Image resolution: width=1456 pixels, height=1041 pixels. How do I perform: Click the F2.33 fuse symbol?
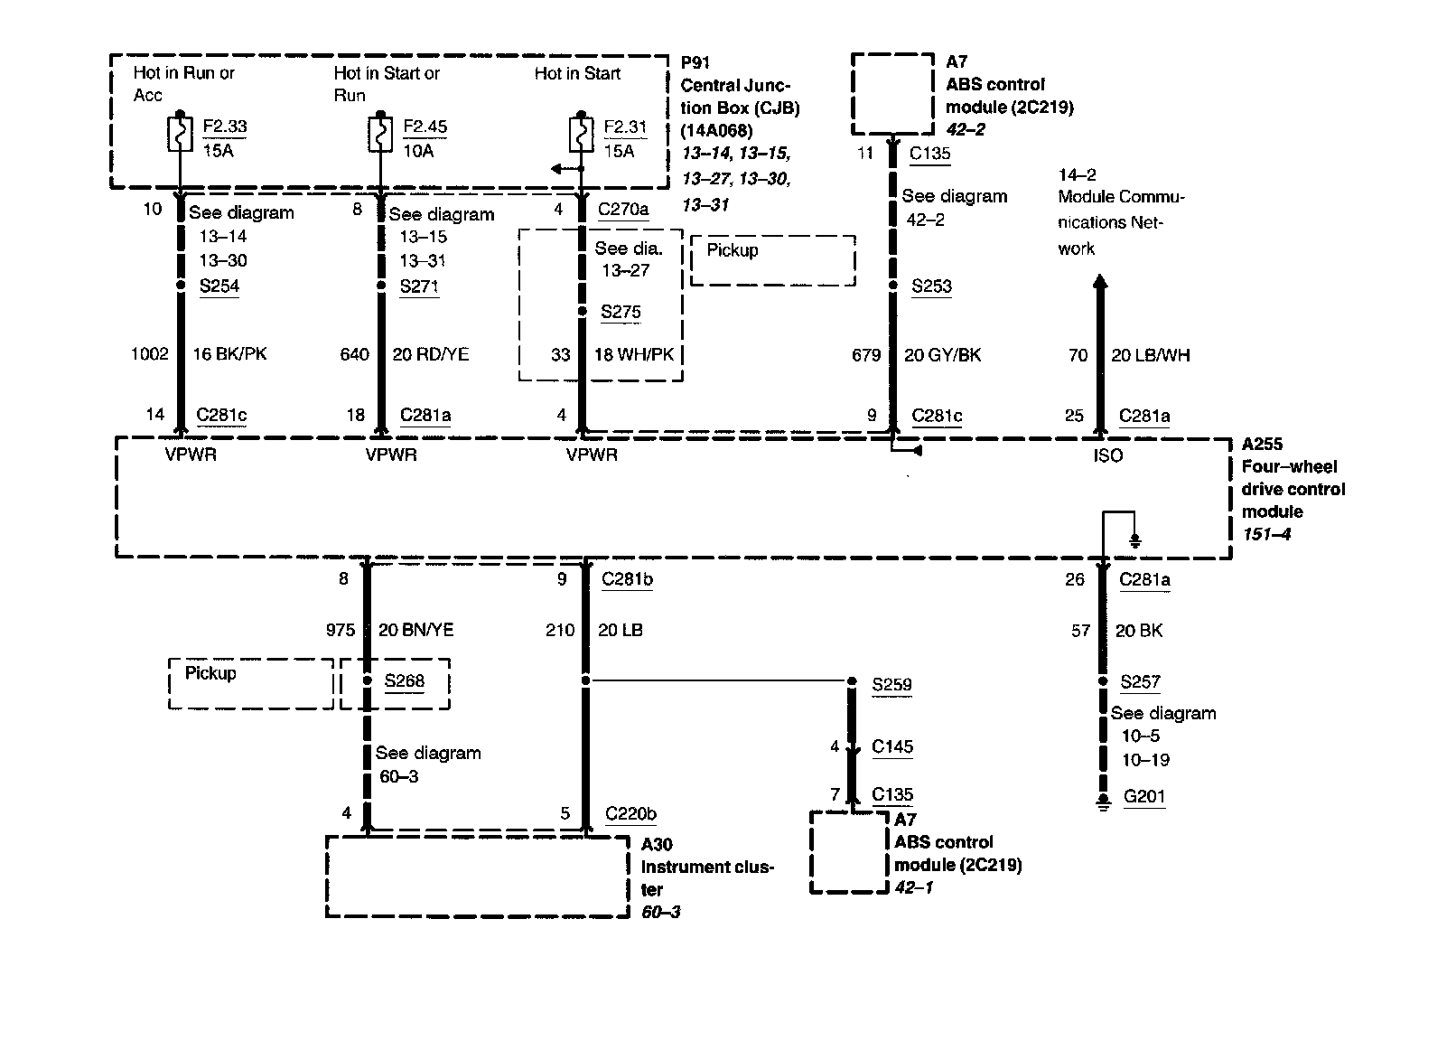click(x=180, y=134)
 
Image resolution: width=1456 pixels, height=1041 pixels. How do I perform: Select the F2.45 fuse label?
click(x=425, y=127)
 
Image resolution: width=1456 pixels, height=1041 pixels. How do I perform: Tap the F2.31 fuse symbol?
click(x=580, y=134)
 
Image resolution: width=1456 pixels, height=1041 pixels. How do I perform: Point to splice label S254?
click(x=219, y=286)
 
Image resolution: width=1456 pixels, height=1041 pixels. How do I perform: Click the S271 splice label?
click(x=419, y=286)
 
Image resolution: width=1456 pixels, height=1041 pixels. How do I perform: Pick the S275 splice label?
click(x=621, y=312)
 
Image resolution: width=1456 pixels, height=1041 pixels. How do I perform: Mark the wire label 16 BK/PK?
click(x=229, y=354)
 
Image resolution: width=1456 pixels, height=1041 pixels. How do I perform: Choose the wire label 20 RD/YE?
click(x=431, y=354)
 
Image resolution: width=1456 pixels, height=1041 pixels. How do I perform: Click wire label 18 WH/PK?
click(x=633, y=355)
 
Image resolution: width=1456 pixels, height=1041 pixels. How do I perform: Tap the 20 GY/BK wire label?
click(x=942, y=355)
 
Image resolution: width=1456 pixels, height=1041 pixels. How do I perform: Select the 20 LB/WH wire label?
click(x=1150, y=355)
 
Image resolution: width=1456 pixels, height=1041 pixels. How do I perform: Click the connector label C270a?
click(x=623, y=210)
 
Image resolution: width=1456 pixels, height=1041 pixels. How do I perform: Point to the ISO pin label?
click(x=1107, y=455)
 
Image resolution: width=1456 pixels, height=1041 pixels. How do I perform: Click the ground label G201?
click(x=1144, y=797)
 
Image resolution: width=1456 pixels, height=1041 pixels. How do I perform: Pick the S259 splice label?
click(x=891, y=684)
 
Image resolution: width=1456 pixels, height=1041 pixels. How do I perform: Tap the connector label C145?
click(x=892, y=746)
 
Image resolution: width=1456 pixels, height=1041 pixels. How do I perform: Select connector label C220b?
click(x=630, y=813)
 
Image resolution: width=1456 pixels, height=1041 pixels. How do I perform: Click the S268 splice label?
click(x=404, y=680)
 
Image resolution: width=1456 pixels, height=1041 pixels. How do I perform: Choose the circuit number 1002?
click(x=149, y=354)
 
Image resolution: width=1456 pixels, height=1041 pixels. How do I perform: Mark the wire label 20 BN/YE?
click(x=415, y=630)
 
